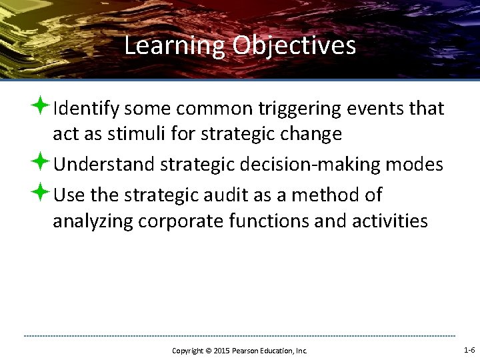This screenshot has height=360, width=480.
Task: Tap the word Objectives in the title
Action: click(x=294, y=46)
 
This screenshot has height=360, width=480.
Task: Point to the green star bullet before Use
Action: click(x=41, y=194)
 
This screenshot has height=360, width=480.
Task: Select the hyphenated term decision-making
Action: click(x=324, y=165)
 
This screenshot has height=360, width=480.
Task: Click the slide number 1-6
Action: click(x=469, y=350)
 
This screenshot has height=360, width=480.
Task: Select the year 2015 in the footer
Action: click(x=221, y=351)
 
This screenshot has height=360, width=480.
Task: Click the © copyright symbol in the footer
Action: click(x=208, y=351)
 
